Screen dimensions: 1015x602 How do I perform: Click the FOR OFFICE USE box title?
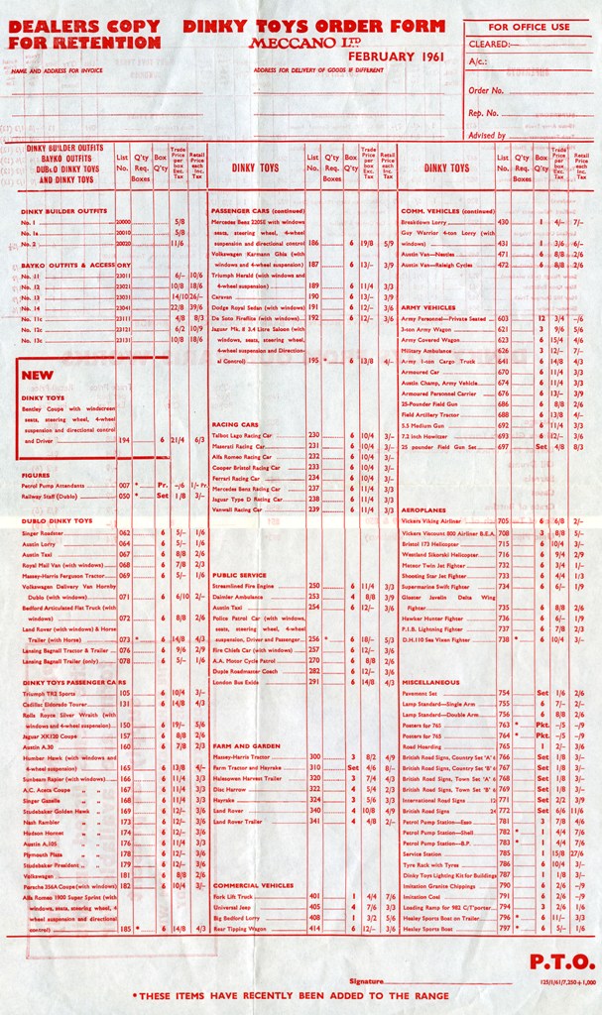(529, 27)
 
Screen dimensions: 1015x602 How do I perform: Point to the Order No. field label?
(487, 90)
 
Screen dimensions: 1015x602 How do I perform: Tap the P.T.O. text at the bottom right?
(562, 960)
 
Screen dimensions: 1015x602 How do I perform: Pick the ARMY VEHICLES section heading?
(427, 307)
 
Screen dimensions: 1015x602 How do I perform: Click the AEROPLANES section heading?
(423, 508)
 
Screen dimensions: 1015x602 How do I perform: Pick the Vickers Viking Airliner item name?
(434, 520)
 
